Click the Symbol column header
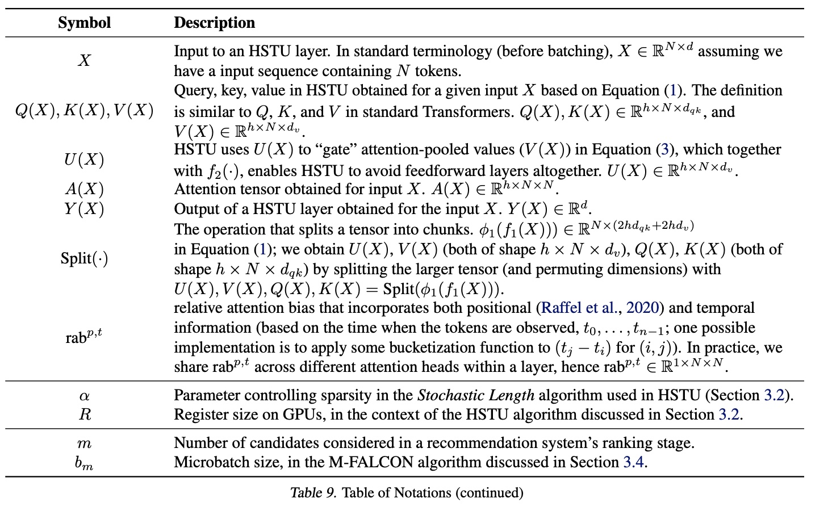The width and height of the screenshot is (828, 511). coord(84,23)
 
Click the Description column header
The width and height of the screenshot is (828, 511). coord(214,23)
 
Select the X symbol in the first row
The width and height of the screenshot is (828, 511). coord(84,60)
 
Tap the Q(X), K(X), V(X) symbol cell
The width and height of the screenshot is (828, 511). coord(84,110)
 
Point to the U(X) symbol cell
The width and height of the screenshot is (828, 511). coord(84,160)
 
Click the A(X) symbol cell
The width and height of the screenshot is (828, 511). coord(84,189)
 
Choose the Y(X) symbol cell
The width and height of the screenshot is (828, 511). coord(84,209)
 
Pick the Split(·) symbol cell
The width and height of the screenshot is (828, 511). coord(84,258)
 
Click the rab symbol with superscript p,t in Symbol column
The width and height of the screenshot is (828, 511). coord(84,337)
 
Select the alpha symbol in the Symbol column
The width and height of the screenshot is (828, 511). coord(84,396)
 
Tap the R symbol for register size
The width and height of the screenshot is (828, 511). coord(84,414)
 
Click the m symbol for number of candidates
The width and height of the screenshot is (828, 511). coord(84,443)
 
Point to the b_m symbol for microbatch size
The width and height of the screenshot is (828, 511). coord(84,463)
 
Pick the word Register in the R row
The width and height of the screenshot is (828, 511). coord(199,414)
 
